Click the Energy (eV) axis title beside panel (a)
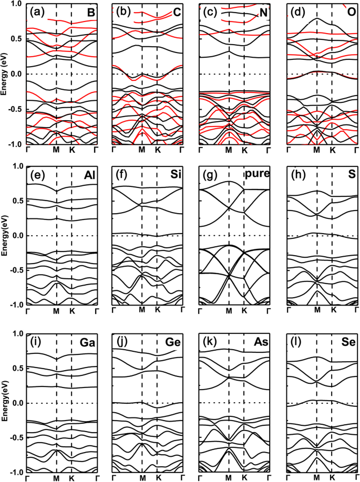[5, 74]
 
